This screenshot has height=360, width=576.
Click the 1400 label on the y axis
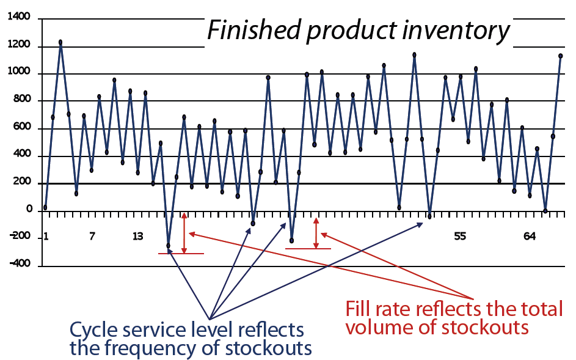click(18, 18)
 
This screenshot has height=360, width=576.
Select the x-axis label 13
click(138, 237)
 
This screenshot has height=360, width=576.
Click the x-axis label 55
click(460, 237)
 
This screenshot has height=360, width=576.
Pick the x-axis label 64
click(530, 237)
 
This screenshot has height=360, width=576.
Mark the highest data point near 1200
click(60, 42)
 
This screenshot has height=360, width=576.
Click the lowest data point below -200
click(169, 246)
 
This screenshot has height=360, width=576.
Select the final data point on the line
click(560, 56)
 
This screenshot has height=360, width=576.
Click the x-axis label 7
click(92, 237)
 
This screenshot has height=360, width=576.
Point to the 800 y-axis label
click(21, 101)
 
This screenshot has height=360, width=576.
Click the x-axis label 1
click(46, 237)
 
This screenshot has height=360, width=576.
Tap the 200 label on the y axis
click(21, 183)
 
